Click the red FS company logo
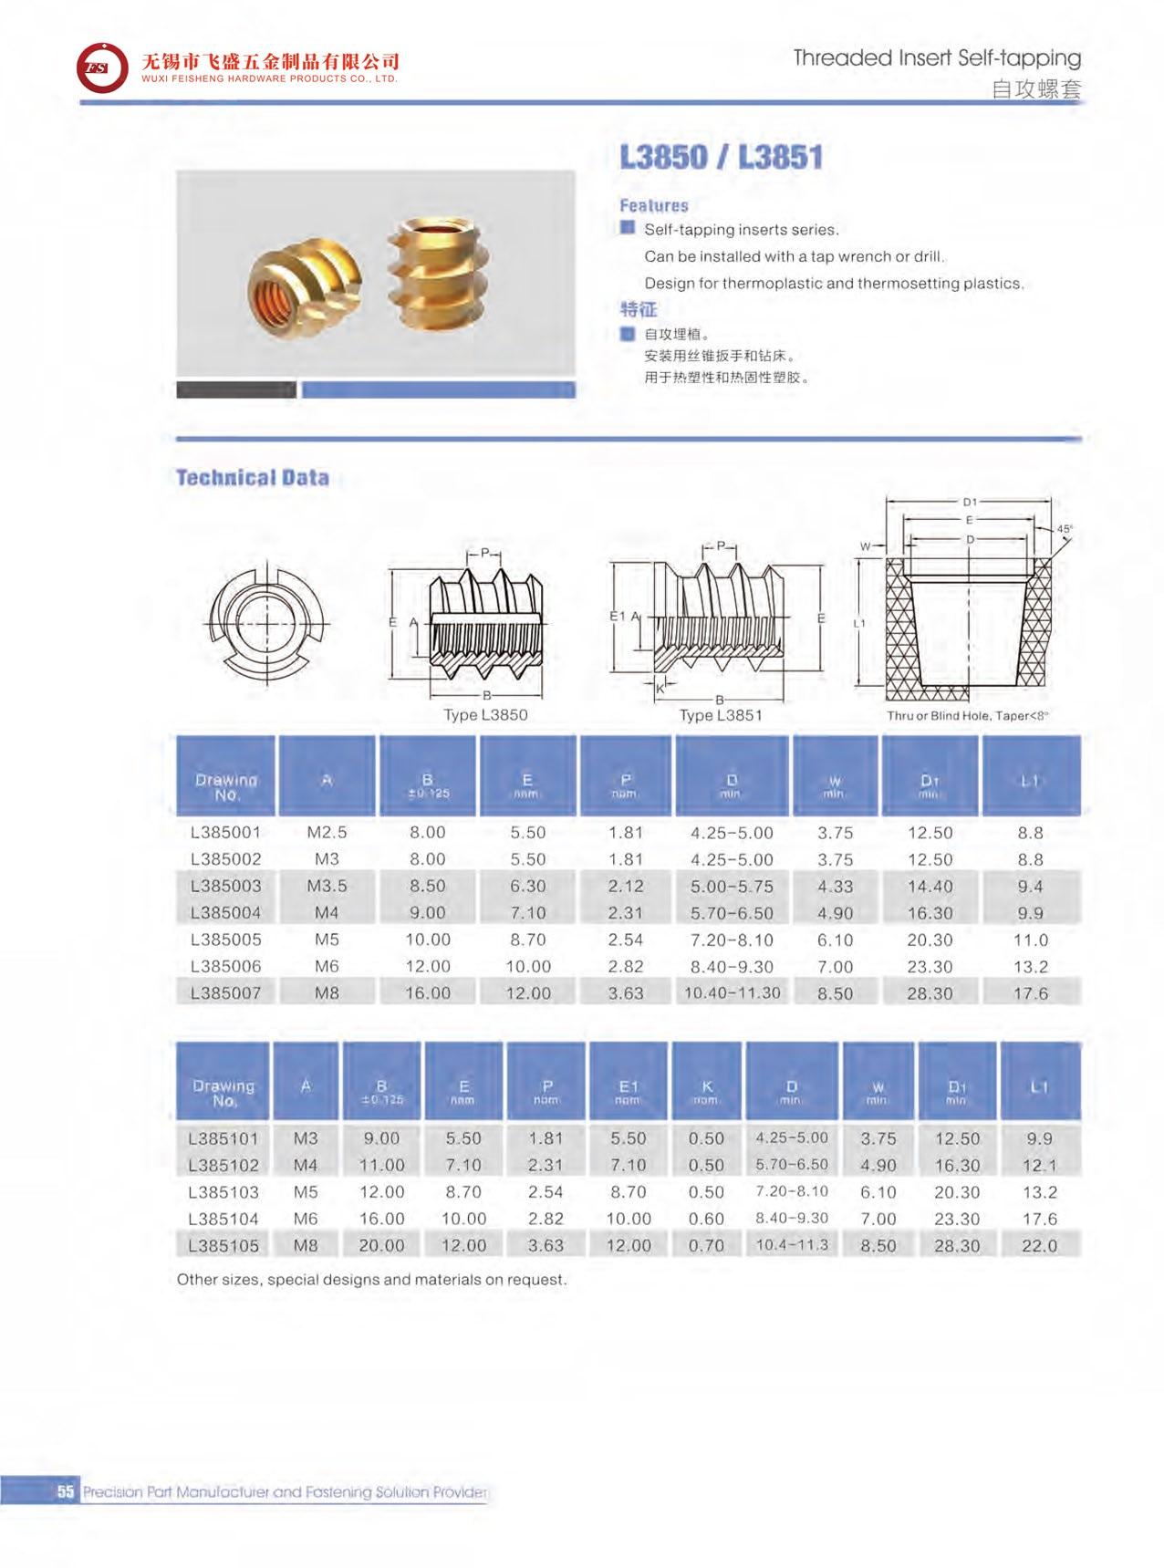pyautogui.click(x=102, y=67)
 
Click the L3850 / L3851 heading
pyautogui.click(x=721, y=157)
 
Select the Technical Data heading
pyautogui.click(x=252, y=478)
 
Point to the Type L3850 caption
pyautogui.click(x=485, y=715)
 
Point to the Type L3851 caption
pyautogui.click(x=721, y=715)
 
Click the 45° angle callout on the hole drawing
pyautogui.click(x=1065, y=529)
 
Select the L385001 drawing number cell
pyautogui.click(x=225, y=833)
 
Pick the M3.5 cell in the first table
pyautogui.click(x=327, y=886)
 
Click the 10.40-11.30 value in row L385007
pyautogui.click(x=733, y=992)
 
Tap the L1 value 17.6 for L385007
pyautogui.click(x=1031, y=993)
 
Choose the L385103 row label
pyautogui.click(x=223, y=1192)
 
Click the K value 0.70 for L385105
pyautogui.click(x=707, y=1245)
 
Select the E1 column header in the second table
pyautogui.click(x=629, y=1087)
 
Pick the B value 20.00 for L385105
pyautogui.click(x=381, y=1245)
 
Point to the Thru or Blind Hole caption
pyautogui.click(x=967, y=716)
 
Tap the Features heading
pyautogui.click(x=654, y=206)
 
